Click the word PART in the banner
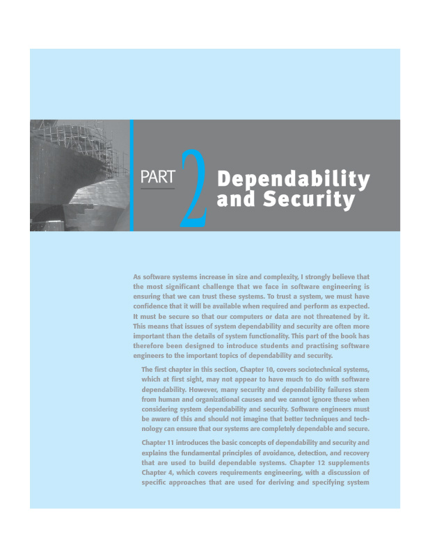157,178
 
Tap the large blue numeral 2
193,189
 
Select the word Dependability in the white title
293,179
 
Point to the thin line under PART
157,188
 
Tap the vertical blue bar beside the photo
132,175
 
